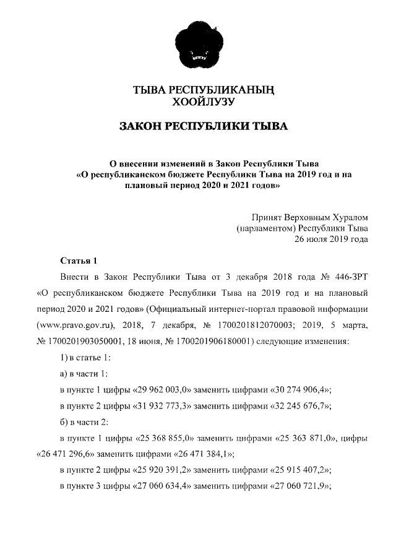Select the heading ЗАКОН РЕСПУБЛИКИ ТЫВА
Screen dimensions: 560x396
(x=204, y=127)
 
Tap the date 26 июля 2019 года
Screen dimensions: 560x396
(x=331, y=239)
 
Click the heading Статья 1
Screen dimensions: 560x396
(x=79, y=259)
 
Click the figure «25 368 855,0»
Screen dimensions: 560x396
(x=165, y=438)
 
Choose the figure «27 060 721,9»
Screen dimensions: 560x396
(x=300, y=487)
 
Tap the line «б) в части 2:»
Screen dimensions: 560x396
(x=85, y=422)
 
